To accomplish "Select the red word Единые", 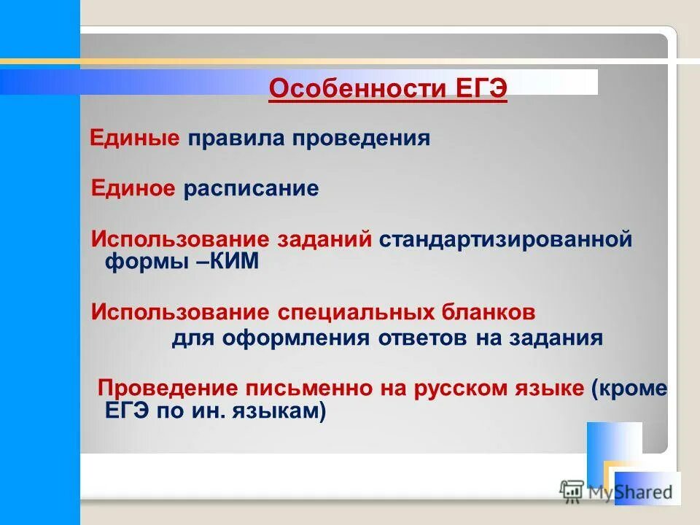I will point(135,138).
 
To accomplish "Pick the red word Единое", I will point(133,189).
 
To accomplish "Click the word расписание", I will point(252,189).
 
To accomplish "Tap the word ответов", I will point(424,338).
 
